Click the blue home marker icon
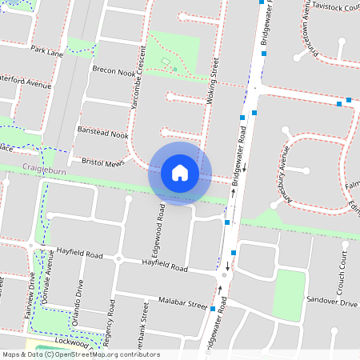[180, 173]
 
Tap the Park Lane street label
[46, 52]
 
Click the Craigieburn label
[42, 169]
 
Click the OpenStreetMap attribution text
[81, 354]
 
